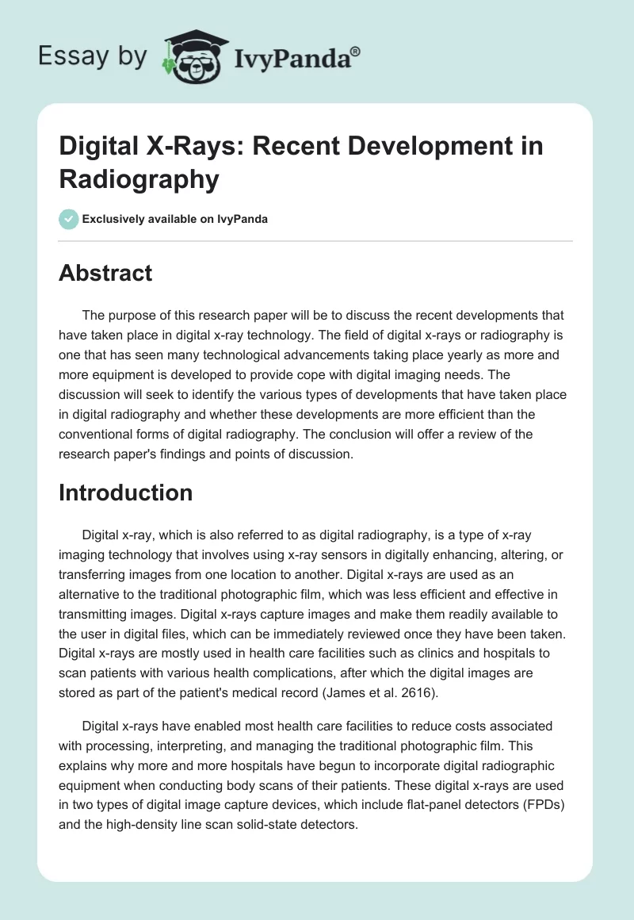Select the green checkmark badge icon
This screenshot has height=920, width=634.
click(69, 219)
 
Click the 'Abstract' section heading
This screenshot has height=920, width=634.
click(105, 273)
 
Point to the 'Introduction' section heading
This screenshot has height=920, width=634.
click(126, 493)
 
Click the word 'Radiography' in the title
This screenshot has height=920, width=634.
click(139, 179)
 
